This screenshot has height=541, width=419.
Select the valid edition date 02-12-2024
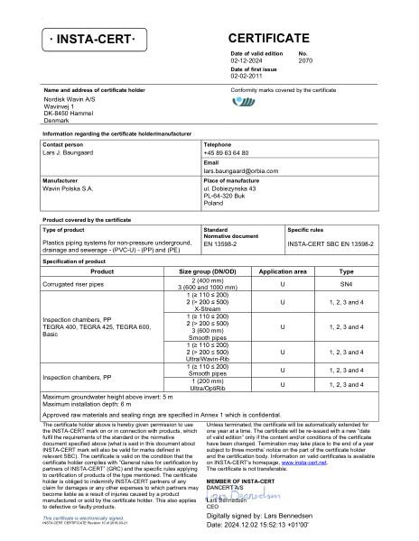[250, 60]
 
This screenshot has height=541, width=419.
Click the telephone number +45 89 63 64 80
[227, 152]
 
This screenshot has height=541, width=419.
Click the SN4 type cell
[346, 283]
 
